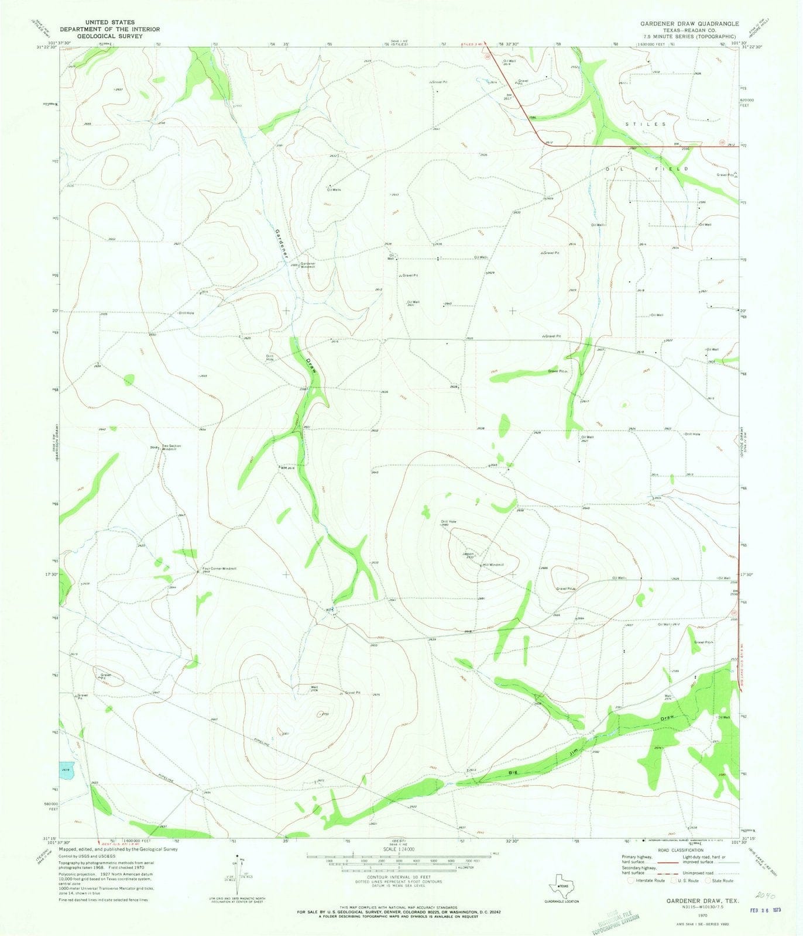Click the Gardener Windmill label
click(x=308, y=265)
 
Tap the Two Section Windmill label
click(x=171, y=448)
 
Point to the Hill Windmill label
click(x=493, y=565)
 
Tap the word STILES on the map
click(x=646, y=125)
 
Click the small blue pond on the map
click(x=67, y=768)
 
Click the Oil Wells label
click(x=334, y=190)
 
